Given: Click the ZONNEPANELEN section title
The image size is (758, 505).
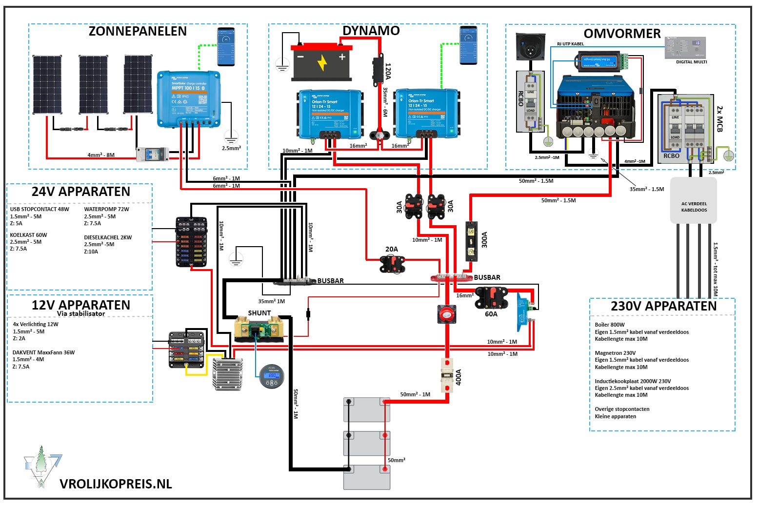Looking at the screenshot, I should coord(138,31).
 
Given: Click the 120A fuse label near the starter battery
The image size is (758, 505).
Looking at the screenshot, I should coord(388,71).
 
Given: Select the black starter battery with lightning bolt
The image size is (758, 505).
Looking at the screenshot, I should coord(321,62).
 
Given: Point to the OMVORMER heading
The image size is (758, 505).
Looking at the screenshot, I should coord(622,34).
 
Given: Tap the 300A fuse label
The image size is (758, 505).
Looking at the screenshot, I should coord(484,240).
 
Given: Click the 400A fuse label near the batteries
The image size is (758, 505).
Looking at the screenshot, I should coord(459,377).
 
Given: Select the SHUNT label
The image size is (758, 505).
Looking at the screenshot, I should coord(259,313).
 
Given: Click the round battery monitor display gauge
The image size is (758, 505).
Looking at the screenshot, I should coord(271,376).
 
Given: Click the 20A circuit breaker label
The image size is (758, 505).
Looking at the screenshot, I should coord(392,249).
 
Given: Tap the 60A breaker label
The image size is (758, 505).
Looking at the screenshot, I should coord(491,314).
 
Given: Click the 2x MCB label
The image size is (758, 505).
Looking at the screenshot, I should coord(719,119).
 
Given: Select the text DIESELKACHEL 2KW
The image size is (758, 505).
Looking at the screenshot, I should coord(108,237).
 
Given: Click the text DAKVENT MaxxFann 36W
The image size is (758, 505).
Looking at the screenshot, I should coord(43,352).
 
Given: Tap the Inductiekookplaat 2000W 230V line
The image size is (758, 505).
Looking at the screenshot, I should coord(633,381).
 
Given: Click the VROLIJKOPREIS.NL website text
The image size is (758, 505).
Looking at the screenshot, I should coord(116,484).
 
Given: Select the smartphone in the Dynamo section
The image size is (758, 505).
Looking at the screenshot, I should coord(468,45).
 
